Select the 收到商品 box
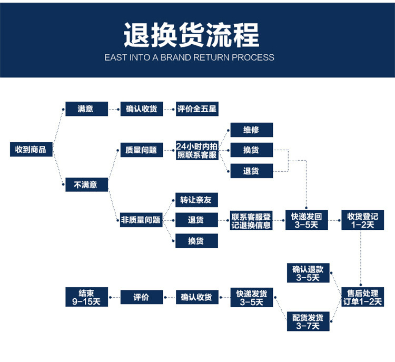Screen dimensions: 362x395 pos(31,149)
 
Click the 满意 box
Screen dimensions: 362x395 pos(86,109)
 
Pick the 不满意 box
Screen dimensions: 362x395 pos(86,184)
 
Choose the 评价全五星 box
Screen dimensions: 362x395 pos(196,109)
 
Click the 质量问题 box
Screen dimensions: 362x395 pos(141,150)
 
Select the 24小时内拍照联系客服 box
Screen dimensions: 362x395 pos(196,150)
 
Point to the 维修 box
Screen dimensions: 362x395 pos(251,130)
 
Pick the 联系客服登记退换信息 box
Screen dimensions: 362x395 pos(251,220)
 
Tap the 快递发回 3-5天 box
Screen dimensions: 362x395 pos(307,220)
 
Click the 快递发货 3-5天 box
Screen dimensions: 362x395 pos(251,297)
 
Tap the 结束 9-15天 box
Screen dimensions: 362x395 pos(86,297)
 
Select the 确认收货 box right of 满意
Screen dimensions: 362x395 pos(141,109)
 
